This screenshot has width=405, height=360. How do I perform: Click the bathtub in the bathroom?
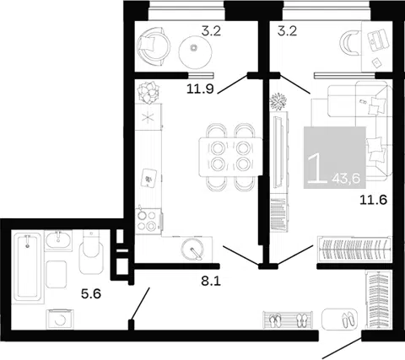click(x=29, y=267)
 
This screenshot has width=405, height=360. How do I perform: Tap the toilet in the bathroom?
click(x=91, y=252)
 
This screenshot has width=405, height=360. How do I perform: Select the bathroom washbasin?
click(x=58, y=239)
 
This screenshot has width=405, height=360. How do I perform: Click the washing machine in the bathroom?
click(x=60, y=319)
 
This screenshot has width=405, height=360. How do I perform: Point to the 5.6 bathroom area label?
click(x=91, y=294)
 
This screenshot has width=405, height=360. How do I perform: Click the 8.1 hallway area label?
click(x=211, y=281)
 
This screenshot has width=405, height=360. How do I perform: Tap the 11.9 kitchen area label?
click(x=200, y=89)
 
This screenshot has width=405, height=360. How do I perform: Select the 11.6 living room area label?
click(x=374, y=200)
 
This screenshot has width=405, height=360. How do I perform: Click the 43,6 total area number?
click(x=346, y=179)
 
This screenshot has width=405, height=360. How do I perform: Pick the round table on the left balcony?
click(x=196, y=52)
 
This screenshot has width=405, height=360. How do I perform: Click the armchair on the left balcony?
click(x=154, y=46)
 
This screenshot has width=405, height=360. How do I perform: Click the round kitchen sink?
click(x=192, y=249)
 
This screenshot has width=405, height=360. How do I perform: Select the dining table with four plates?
click(x=230, y=157)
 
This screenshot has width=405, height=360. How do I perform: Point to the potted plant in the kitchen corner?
click(x=148, y=93)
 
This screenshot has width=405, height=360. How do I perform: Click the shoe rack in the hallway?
click(x=288, y=320)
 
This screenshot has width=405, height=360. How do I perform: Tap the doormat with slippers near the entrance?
click(x=340, y=320)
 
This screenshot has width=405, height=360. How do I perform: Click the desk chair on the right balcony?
click(x=350, y=43)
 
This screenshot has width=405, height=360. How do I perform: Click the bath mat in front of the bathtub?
click(x=57, y=274)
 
